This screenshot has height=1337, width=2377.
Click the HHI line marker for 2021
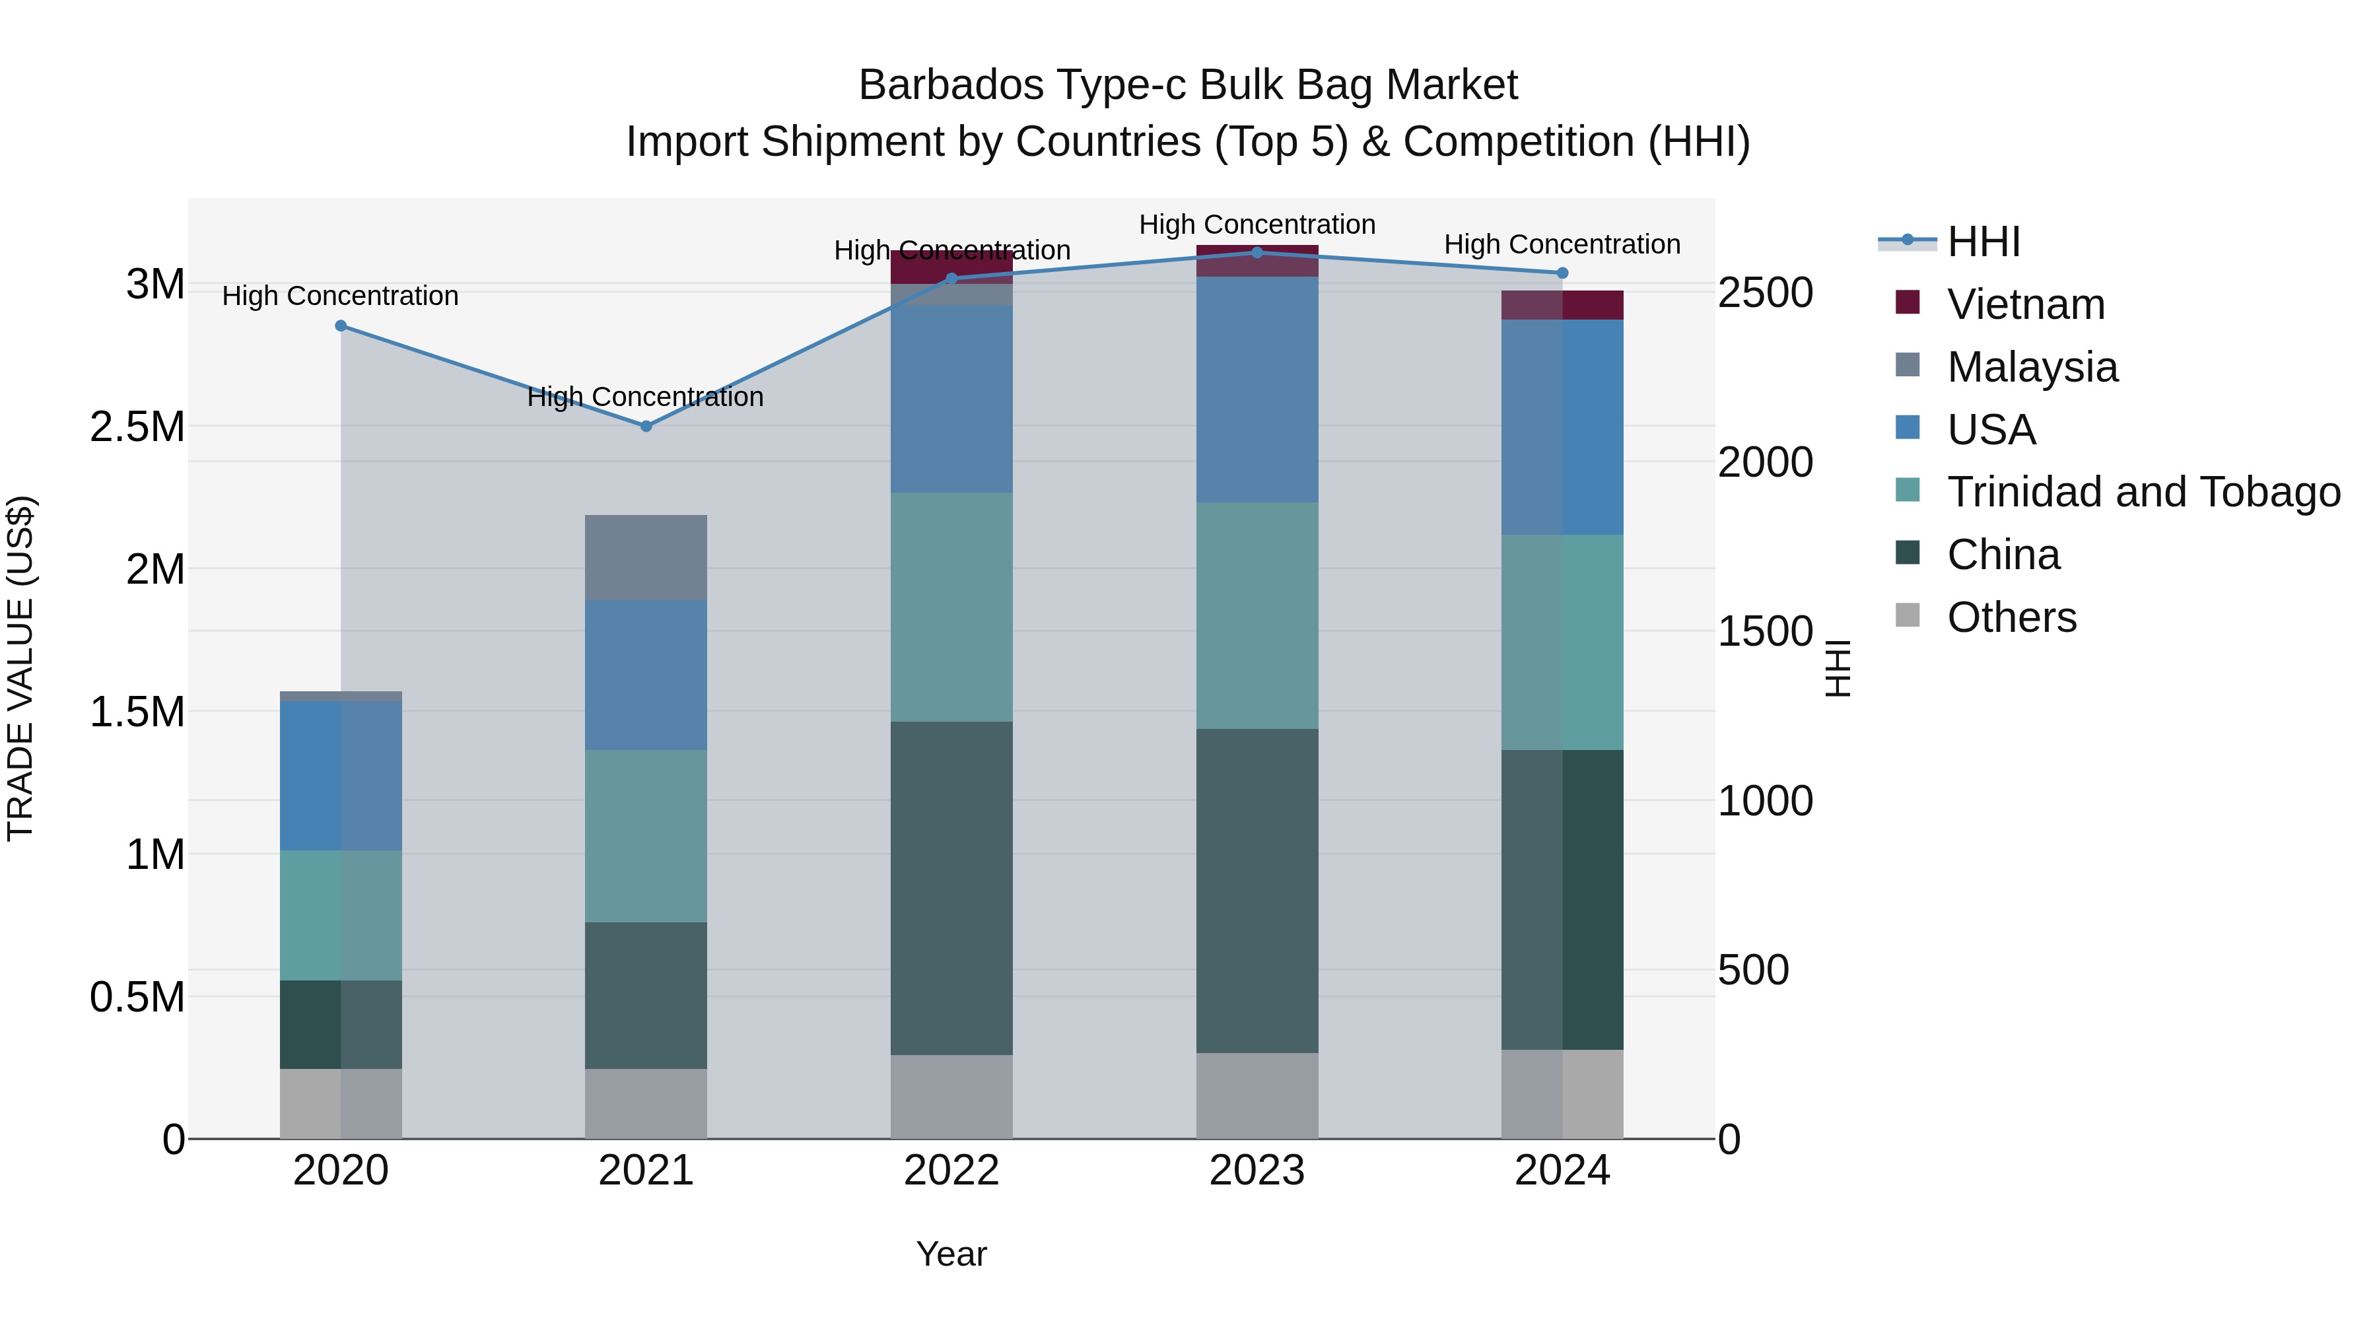646,427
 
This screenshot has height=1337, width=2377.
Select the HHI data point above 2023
1257,253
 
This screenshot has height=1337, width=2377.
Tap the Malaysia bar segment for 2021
646,558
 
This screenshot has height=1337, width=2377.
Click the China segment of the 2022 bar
951,887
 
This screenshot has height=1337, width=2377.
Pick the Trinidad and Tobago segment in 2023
1257,615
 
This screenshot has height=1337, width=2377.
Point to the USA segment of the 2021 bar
646,675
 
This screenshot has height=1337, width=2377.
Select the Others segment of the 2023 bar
1257,1095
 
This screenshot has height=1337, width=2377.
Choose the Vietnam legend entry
2026,304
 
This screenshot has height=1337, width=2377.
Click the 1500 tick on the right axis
1764,632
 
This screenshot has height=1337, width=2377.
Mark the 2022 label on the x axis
951,1171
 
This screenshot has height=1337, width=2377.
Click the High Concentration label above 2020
341,296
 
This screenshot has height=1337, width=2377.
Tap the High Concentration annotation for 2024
1562,244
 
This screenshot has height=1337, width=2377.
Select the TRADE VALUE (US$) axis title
20,668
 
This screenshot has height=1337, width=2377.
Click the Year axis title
951,1254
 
